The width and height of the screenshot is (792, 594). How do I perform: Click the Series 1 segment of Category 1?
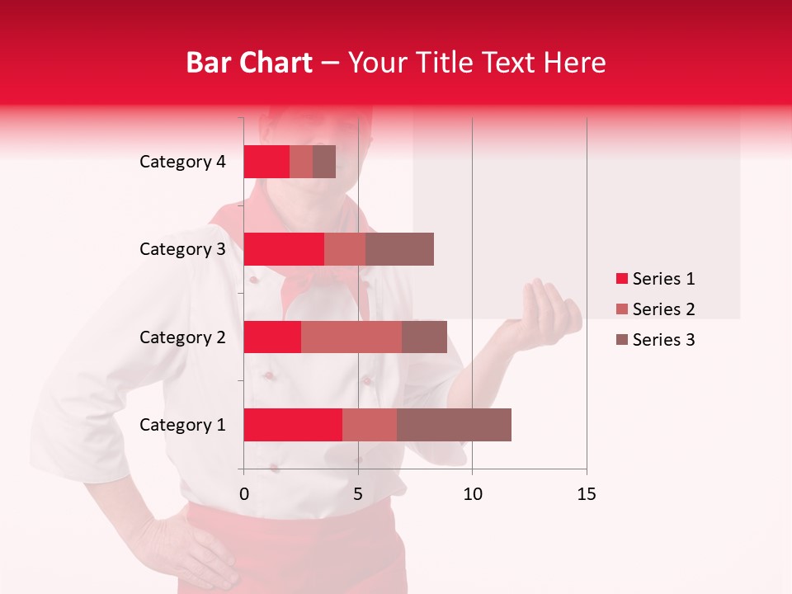point(293,425)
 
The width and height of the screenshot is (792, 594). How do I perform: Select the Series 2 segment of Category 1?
point(370,425)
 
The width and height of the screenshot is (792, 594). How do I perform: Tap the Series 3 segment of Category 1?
point(454,425)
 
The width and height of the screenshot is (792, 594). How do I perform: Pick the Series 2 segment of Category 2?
point(351,337)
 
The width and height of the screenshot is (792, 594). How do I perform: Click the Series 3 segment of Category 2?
point(424,337)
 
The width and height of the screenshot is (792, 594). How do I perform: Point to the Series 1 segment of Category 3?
point(284,249)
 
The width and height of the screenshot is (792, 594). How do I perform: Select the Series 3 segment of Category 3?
point(399,249)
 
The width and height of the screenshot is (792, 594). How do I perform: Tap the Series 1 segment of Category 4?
point(266,162)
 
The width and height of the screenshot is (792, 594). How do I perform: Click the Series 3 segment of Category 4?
point(324,162)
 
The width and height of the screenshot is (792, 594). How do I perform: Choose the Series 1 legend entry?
point(655,279)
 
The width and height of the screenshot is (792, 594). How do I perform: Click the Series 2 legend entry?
point(655,309)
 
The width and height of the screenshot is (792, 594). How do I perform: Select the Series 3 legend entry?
point(655,340)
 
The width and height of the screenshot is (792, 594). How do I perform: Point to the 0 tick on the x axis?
point(244,494)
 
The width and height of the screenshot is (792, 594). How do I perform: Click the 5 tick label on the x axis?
point(358,494)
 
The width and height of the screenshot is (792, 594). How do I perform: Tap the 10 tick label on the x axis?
point(472,494)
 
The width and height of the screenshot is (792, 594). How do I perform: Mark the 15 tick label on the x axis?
point(587,494)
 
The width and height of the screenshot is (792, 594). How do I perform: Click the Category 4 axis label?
point(182,162)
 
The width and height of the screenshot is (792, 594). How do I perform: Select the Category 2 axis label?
point(182,337)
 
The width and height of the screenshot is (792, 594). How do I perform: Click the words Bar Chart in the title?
point(249,62)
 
